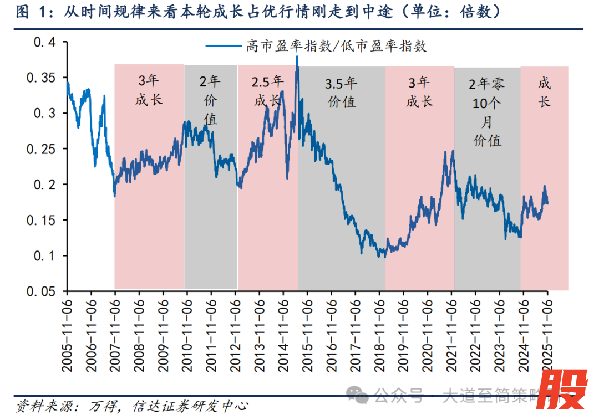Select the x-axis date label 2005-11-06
[x=67, y=332]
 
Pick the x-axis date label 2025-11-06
[x=547, y=332]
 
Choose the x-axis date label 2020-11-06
[x=427, y=332]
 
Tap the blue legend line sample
[x=224, y=46]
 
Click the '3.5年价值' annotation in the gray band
[x=341, y=93]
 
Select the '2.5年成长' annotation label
[x=268, y=91]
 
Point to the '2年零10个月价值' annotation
[x=487, y=112]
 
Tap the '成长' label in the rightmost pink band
[x=544, y=93]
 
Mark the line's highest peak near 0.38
[x=297, y=57]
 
